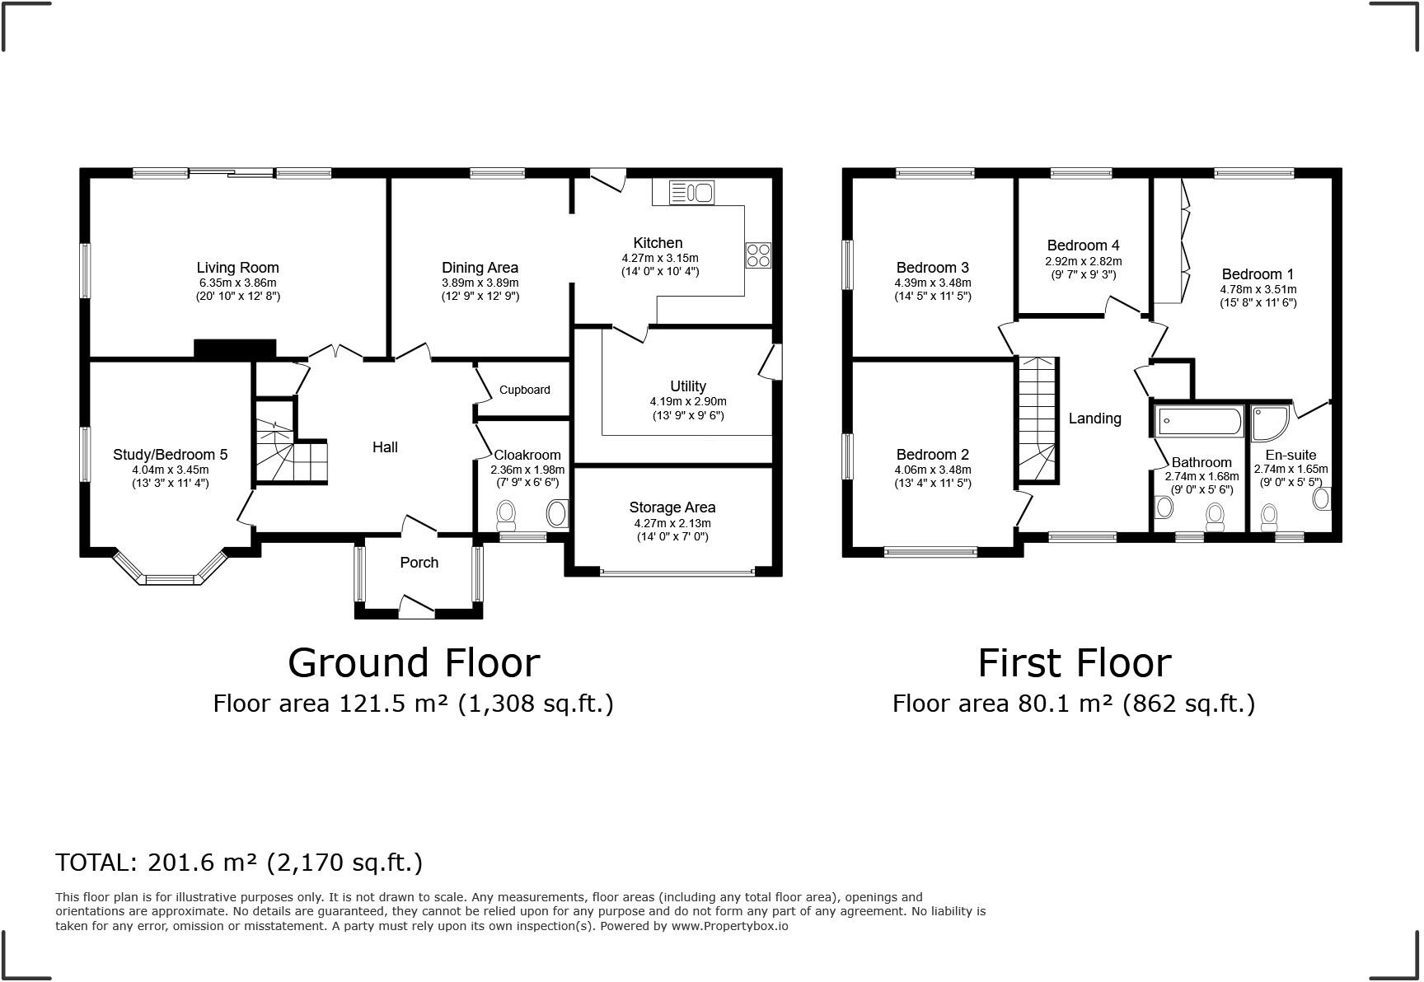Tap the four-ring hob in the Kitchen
[758, 255]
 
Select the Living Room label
[237, 268]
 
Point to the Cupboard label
[524, 390]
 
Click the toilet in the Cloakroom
[506, 516]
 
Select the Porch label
[419, 563]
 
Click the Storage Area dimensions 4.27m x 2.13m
[672, 523]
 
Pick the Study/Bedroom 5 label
[170, 455]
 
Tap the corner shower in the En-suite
[1270, 422]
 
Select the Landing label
[1094, 419]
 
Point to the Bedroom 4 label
[1083, 245]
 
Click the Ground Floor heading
[414, 663]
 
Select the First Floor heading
[1074, 663]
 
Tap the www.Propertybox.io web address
[729, 926]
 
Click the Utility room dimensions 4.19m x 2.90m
[687, 402]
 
